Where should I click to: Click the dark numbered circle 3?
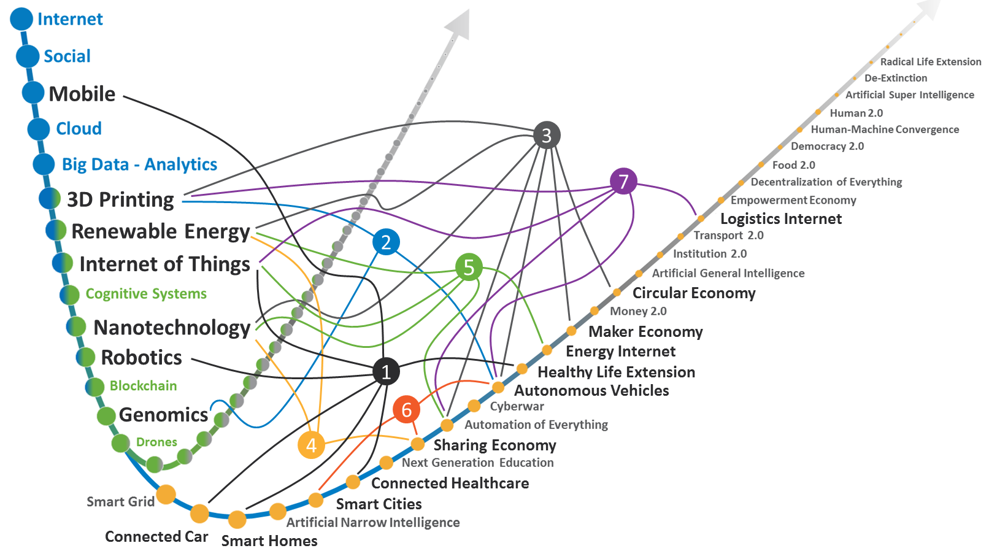547,135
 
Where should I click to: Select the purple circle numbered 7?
623,182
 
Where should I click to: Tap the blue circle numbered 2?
386,242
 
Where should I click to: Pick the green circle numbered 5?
469,268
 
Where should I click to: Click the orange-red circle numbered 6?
406,410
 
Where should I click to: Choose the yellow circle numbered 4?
311,445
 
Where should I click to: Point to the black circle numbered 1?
386,372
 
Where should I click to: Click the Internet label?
70,19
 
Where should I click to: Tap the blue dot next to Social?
28,56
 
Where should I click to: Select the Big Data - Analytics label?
139,164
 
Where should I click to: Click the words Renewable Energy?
161,231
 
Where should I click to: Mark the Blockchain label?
143,386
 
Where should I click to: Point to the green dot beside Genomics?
106,416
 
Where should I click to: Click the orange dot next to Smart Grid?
166,494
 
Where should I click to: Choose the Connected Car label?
156,537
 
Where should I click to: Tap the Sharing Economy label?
495,445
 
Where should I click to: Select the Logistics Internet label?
780,219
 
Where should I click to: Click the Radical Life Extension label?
930,62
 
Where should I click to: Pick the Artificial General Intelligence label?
728,273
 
